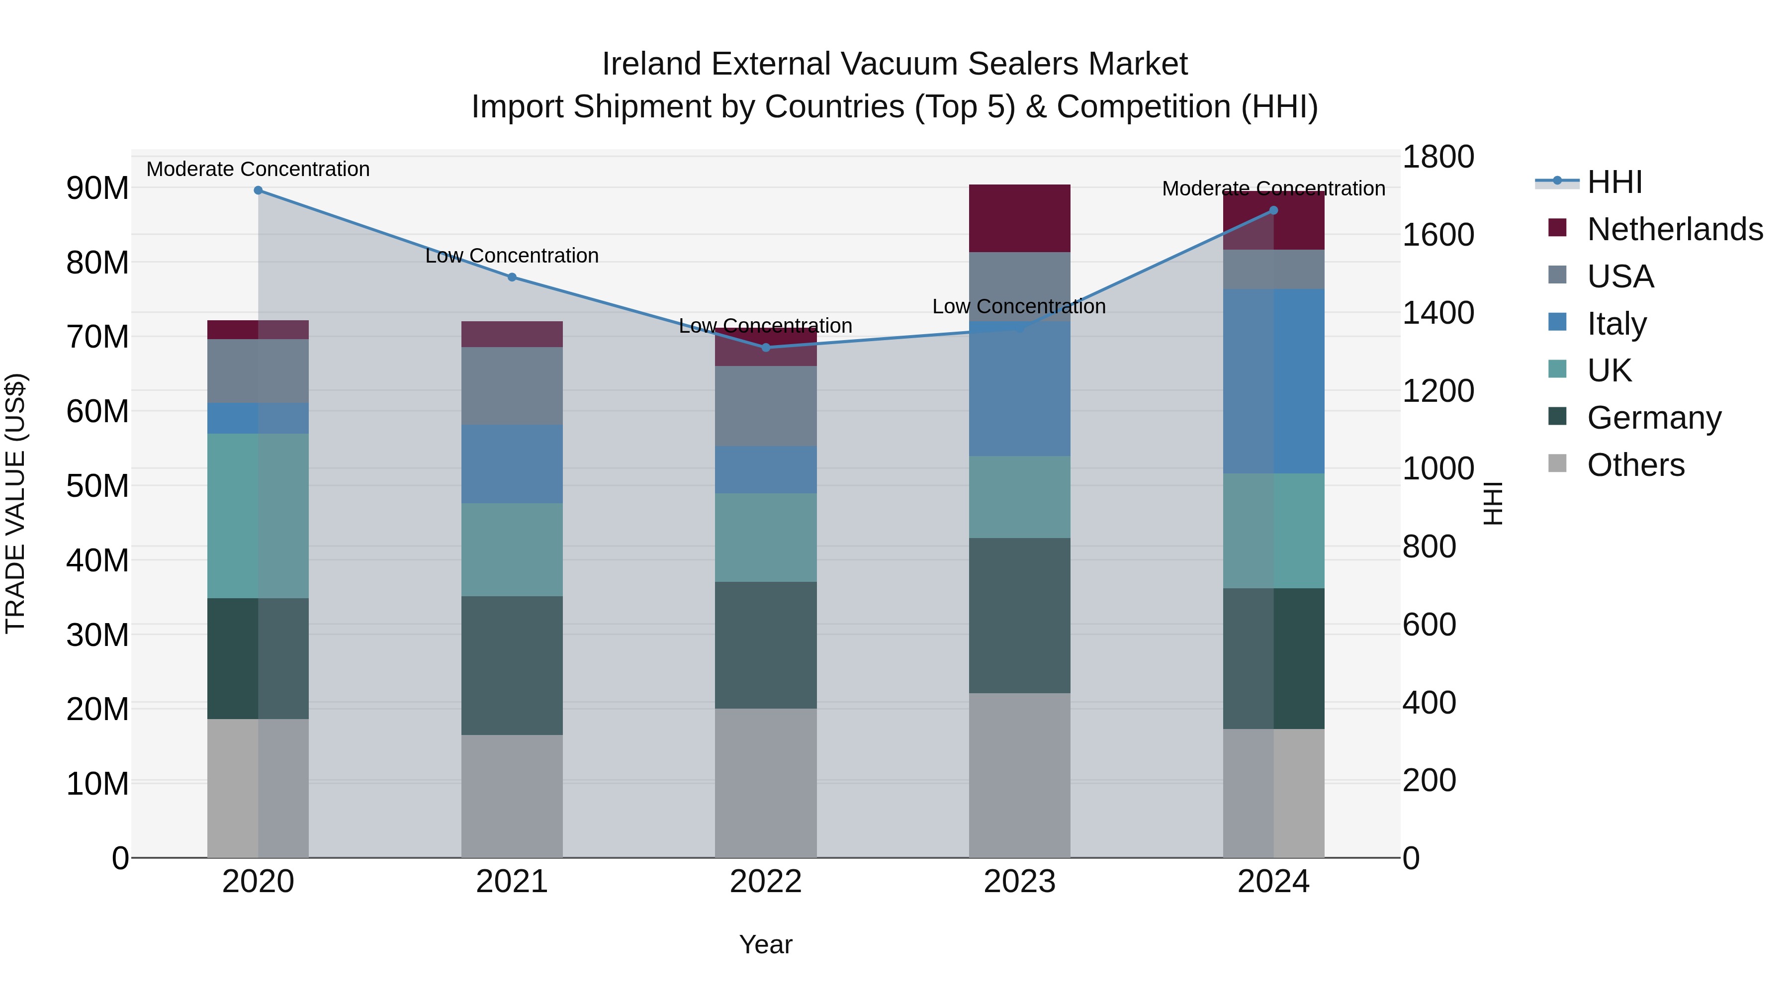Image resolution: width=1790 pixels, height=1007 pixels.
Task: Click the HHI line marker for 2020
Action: (258, 190)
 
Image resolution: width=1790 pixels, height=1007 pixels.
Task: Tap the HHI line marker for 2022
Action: (766, 348)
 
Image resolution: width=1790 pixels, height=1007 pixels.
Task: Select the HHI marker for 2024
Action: (1274, 210)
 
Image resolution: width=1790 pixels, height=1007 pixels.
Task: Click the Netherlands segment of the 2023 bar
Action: (1019, 218)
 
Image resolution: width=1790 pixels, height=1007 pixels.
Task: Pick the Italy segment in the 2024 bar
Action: (1274, 381)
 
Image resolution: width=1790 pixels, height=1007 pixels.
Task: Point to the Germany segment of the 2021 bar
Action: (512, 666)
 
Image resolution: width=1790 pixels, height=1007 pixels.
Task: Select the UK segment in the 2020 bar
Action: (258, 516)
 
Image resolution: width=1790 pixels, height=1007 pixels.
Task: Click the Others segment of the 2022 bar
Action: (766, 783)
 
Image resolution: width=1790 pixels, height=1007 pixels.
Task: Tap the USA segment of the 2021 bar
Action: (512, 386)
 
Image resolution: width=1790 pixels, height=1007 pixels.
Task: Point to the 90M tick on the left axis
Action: (97, 188)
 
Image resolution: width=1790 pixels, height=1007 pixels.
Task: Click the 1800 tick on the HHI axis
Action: (1437, 157)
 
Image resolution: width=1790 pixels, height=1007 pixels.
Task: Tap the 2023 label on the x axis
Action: (1019, 882)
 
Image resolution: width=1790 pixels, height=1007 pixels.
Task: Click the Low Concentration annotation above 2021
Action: (512, 256)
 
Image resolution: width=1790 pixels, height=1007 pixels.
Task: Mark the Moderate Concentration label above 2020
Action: (258, 169)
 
